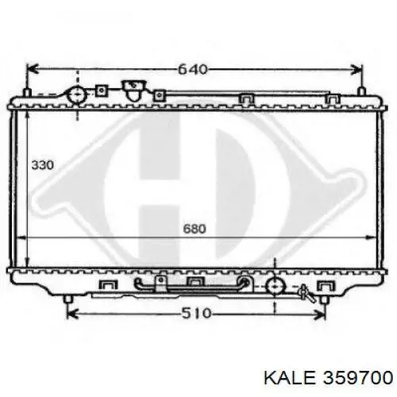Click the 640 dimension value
pyautogui.click(x=192, y=70)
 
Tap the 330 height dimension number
pyautogui.click(x=42, y=165)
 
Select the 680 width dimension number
pyautogui.click(x=195, y=229)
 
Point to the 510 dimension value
pyautogui.click(x=196, y=314)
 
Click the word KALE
pyautogui.click(x=290, y=377)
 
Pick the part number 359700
pyautogui.click(x=358, y=377)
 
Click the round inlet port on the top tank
pyautogui.click(x=77, y=94)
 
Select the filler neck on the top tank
pyautogui.click(x=133, y=90)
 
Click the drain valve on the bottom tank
pyautogui.click(x=306, y=293)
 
